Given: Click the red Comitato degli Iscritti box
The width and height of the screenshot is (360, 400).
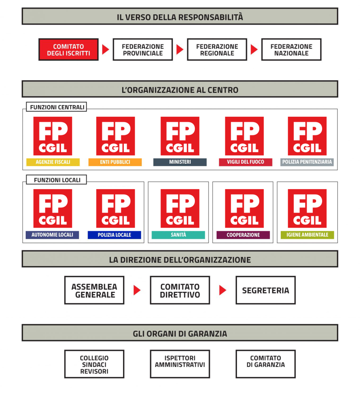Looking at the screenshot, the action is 68,50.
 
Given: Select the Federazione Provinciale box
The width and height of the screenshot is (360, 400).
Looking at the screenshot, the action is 143,50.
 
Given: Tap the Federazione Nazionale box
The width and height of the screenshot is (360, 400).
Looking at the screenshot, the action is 291,50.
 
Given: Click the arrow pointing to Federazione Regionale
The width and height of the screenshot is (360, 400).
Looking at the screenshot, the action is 180,50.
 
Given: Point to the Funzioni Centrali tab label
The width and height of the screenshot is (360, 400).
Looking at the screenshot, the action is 57,107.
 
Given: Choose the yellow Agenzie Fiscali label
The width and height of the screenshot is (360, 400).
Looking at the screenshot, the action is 53,162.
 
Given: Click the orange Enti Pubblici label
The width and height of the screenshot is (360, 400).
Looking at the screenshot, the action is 115,162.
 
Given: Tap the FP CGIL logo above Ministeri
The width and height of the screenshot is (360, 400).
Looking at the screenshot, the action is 180,136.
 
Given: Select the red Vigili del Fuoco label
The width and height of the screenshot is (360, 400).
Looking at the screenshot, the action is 246,162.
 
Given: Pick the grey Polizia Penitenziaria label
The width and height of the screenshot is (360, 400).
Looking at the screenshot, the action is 307,162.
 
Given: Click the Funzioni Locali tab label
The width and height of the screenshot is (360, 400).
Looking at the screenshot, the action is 57,180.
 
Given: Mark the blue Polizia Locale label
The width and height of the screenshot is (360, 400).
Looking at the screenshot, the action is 114,235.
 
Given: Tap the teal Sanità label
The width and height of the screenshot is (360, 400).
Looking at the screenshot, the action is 178,235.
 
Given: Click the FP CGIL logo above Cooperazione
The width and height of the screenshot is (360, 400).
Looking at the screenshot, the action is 244,209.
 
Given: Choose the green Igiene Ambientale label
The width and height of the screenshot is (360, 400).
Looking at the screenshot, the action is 307,235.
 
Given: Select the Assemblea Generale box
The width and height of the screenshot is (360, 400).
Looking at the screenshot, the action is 94,290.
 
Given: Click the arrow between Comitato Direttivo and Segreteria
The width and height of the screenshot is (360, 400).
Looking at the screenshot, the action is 223,290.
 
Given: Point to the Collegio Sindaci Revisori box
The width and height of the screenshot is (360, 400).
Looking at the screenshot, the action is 94,364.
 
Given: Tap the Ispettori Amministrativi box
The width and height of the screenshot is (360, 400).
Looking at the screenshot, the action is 180,364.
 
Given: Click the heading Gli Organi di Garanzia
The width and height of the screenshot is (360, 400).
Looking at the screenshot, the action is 180,334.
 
